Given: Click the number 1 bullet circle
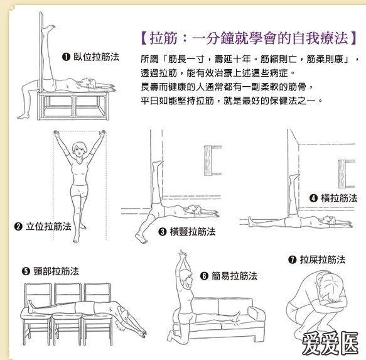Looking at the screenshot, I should (x=66, y=57).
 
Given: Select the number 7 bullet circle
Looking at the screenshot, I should (x=292, y=259).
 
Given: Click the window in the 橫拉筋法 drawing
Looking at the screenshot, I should (x=345, y=170).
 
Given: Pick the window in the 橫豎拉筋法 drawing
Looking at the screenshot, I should (x=212, y=160).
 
